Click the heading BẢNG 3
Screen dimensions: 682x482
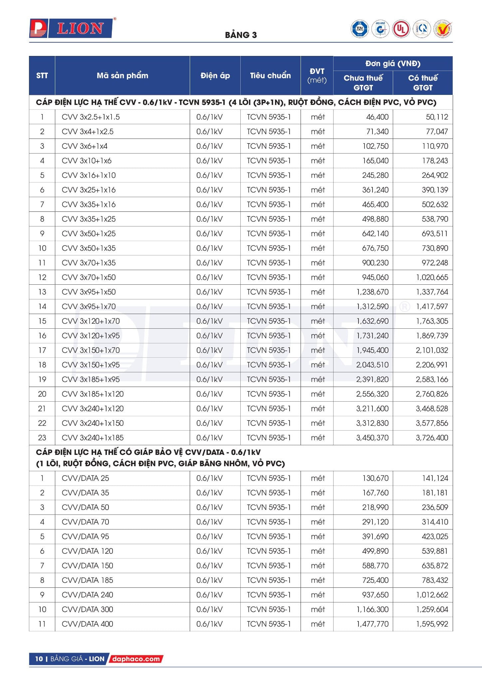[241, 35]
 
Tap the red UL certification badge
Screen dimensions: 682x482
[401, 29]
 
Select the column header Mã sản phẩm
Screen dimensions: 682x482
[122, 76]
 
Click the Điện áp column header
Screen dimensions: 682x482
[215, 76]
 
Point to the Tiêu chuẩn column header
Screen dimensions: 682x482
[270, 76]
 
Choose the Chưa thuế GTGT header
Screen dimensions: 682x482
[363, 83]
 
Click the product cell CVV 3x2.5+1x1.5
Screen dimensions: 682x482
[91, 117]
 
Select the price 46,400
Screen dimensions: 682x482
[377, 117]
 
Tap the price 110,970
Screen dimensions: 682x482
[435, 146]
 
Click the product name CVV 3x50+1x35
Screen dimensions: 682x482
[89, 248]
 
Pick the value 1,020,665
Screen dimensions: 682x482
[432, 277]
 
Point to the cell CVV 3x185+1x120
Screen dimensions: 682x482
[93, 394]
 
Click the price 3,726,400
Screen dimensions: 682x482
[432, 438]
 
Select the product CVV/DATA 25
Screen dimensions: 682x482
[85, 478]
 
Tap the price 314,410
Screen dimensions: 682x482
[435, 522]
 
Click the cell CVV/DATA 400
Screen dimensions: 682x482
[87, 624]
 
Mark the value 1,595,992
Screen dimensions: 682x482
[432, 624]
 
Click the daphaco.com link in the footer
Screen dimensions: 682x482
[136, 659]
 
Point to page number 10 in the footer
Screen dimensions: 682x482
[39, 659]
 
